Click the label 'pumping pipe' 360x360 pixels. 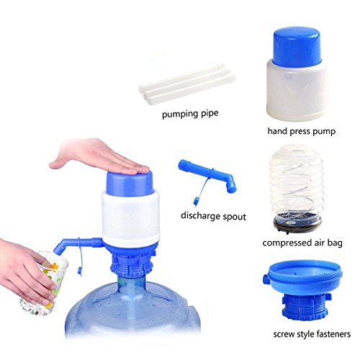point(190,114)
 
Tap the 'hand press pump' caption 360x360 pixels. point(302,131)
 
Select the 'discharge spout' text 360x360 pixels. point(213,216)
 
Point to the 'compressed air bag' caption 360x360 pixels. point(302,243)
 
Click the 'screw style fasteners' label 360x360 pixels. point(312,334)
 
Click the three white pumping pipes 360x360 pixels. point(187,84)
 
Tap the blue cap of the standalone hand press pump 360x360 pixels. point(297,47)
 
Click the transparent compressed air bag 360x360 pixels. point(297,183)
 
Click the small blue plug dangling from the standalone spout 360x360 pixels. point(197,200)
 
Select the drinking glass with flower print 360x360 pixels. point(45,283)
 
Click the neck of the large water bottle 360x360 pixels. point(131,286)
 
